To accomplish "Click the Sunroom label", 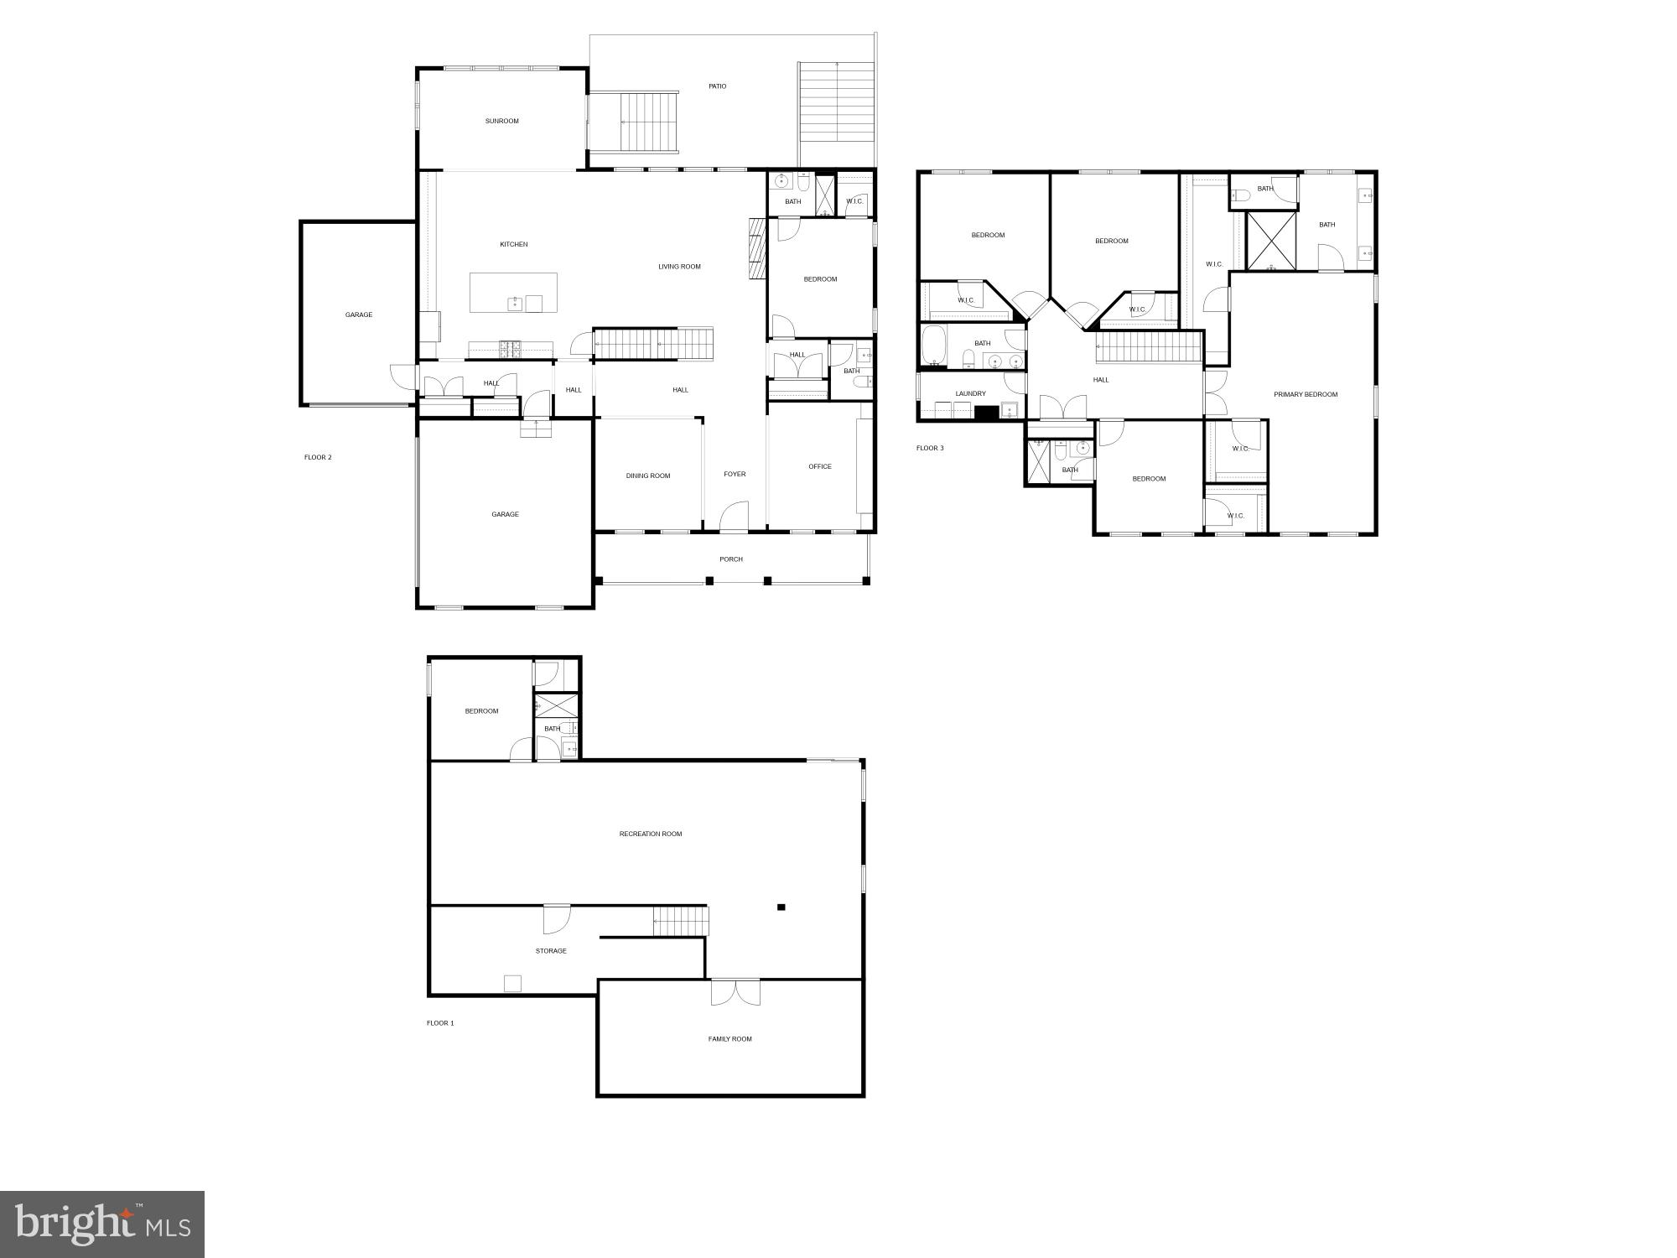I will [501, 121].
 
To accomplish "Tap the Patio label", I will [717, 86].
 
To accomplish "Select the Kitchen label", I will [514, 244].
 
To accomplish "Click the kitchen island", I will [513, 293].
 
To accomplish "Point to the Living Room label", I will [679, 267].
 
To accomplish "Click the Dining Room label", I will [648, 476].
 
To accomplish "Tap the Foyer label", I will [735, 474].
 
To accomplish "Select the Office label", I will [820, 466].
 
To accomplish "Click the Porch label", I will [731, 559].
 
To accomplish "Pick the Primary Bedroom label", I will [1306, 394].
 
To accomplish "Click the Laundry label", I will [971, 393].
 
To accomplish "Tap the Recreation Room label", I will [651, 834].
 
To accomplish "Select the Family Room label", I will [729, 1039].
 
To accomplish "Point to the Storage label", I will [551, 951].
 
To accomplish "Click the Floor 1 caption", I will [440, 1023].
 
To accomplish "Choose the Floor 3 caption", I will [930, 448].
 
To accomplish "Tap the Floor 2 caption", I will [318, 457].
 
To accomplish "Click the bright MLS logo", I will [102, 1224].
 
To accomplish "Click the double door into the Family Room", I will [735, 991].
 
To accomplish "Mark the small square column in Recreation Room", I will [781, 907].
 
